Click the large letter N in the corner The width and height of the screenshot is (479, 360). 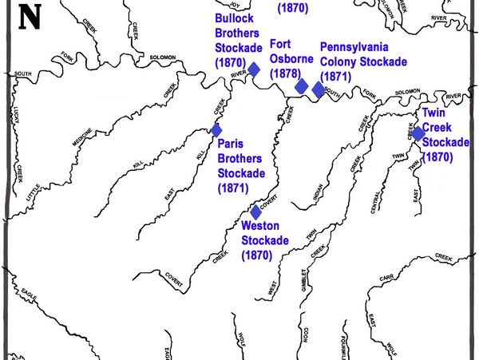29,17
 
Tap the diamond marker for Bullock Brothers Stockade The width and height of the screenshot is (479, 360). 254,69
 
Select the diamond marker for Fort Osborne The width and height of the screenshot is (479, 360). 301,86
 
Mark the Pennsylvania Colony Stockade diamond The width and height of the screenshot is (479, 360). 319,89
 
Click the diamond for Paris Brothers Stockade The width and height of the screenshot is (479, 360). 216,130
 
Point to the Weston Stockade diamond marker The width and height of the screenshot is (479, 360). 255,212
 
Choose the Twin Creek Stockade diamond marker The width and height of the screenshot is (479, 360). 418,133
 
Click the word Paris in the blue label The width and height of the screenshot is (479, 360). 232,144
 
